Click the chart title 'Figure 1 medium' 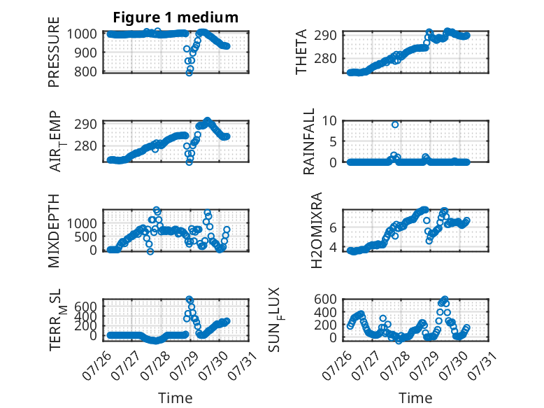[176, 17]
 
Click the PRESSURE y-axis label [54, 52]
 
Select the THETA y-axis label [301, 52]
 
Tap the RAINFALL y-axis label [309, 141]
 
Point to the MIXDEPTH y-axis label [54, 230]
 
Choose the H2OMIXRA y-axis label [317, 230]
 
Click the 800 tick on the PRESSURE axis [85, 71]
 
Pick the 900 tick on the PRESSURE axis [85, 52]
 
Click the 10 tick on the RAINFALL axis [329, 121]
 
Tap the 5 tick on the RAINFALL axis [333, 141]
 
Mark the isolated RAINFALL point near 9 [395, 125]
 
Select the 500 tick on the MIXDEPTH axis [85, 237]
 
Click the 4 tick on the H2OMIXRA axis [333, 247]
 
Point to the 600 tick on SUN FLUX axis [325, 299]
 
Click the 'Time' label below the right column [415, 398]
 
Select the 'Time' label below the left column [176, 398]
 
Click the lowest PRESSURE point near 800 [189, 73]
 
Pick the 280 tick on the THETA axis [325, 58]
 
